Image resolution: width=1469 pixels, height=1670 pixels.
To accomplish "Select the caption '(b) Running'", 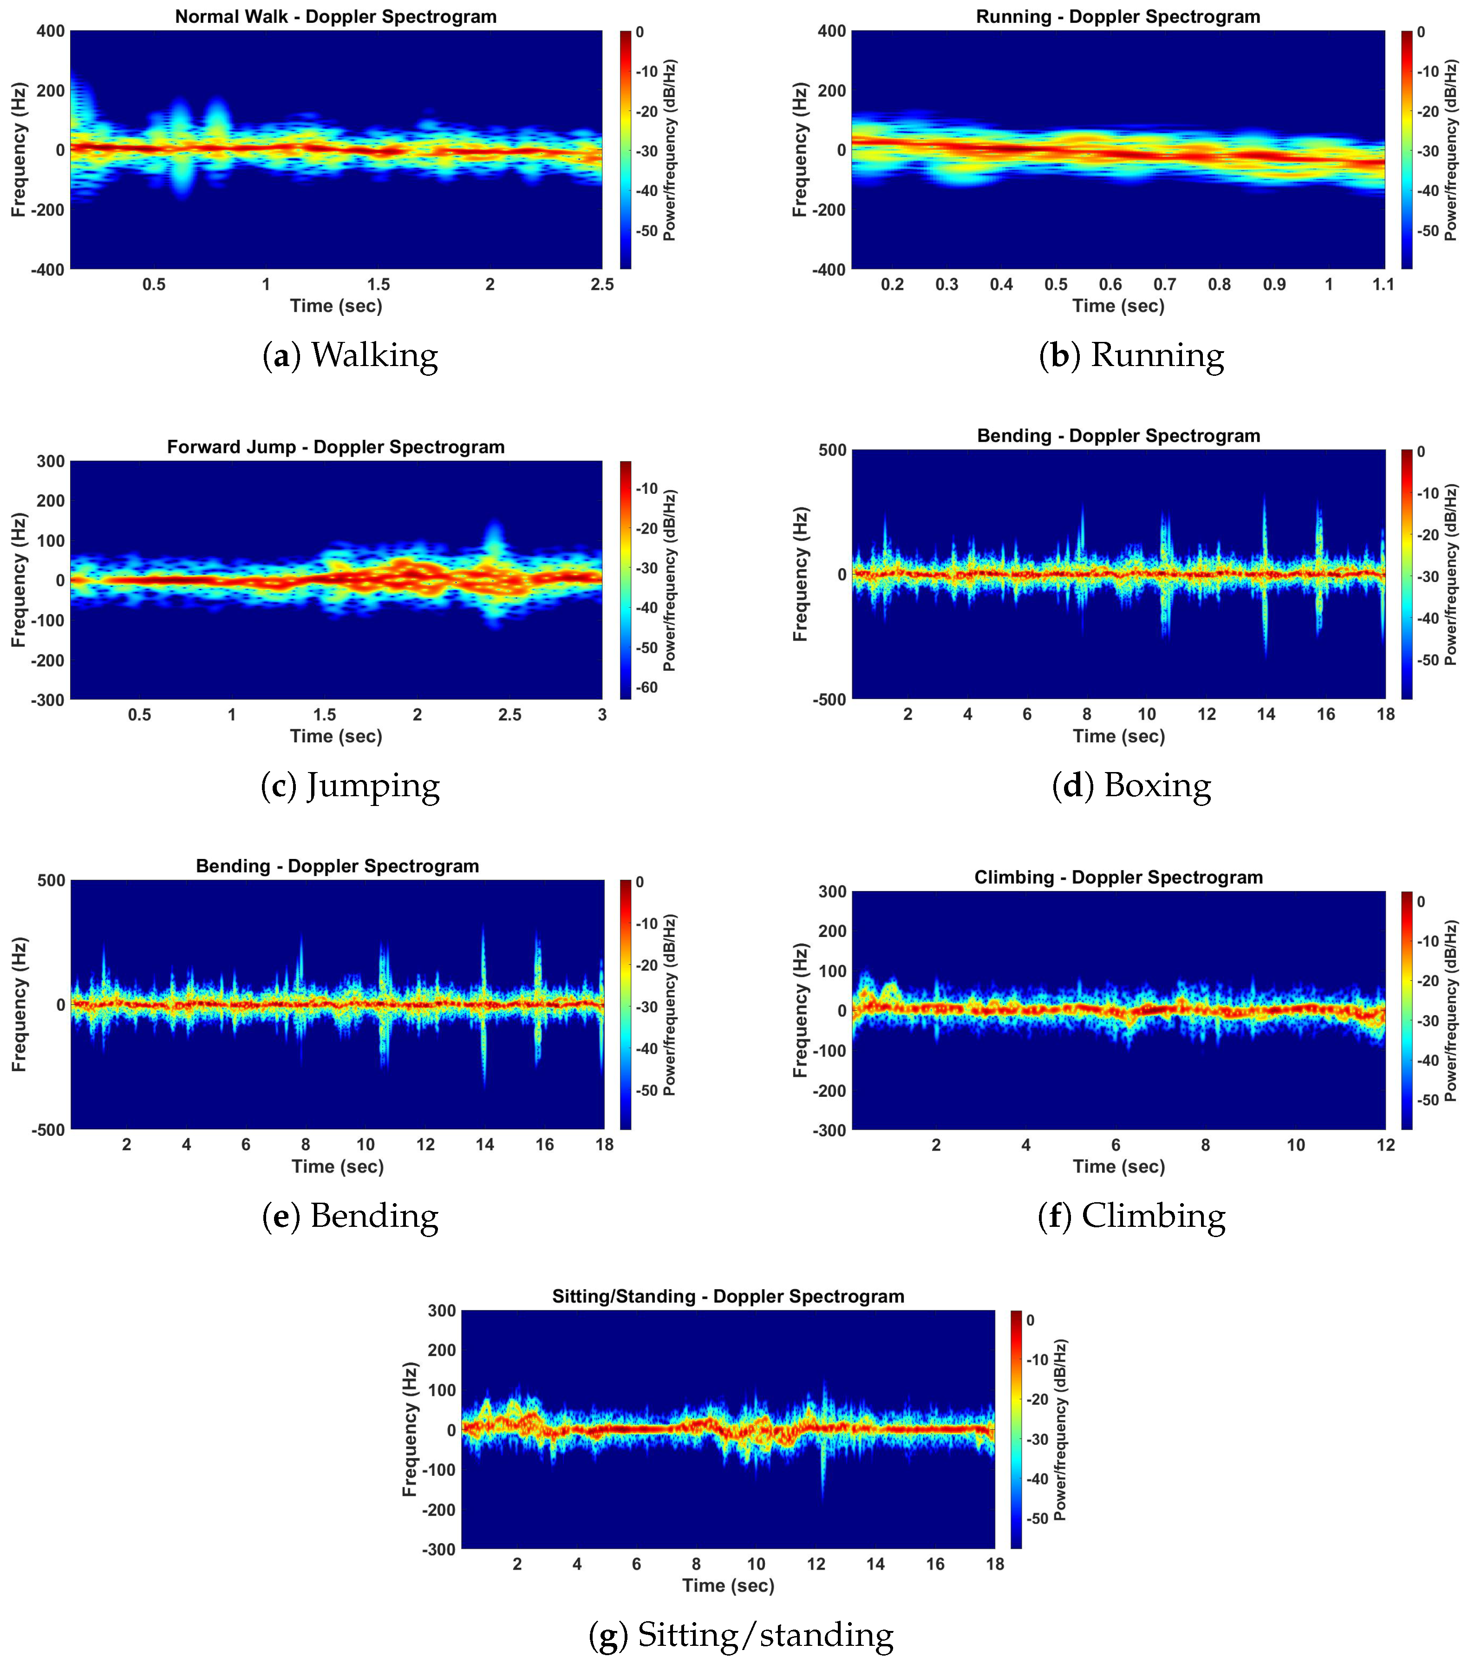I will point(1131,355).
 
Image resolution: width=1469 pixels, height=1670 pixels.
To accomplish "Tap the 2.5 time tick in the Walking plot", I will point(602,284).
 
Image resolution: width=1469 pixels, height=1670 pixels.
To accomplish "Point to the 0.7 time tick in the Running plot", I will point(1165,284).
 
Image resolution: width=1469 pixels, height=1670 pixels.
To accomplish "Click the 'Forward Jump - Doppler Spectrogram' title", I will point(336,447).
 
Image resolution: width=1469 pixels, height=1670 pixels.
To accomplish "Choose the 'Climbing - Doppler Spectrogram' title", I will point(1118,878).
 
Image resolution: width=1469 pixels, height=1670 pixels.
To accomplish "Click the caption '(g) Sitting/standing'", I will point(741,1635).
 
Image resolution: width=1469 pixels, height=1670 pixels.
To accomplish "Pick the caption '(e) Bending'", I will point(351,1216).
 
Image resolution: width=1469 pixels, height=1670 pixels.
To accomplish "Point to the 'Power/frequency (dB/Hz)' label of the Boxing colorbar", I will point(1451,574).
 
